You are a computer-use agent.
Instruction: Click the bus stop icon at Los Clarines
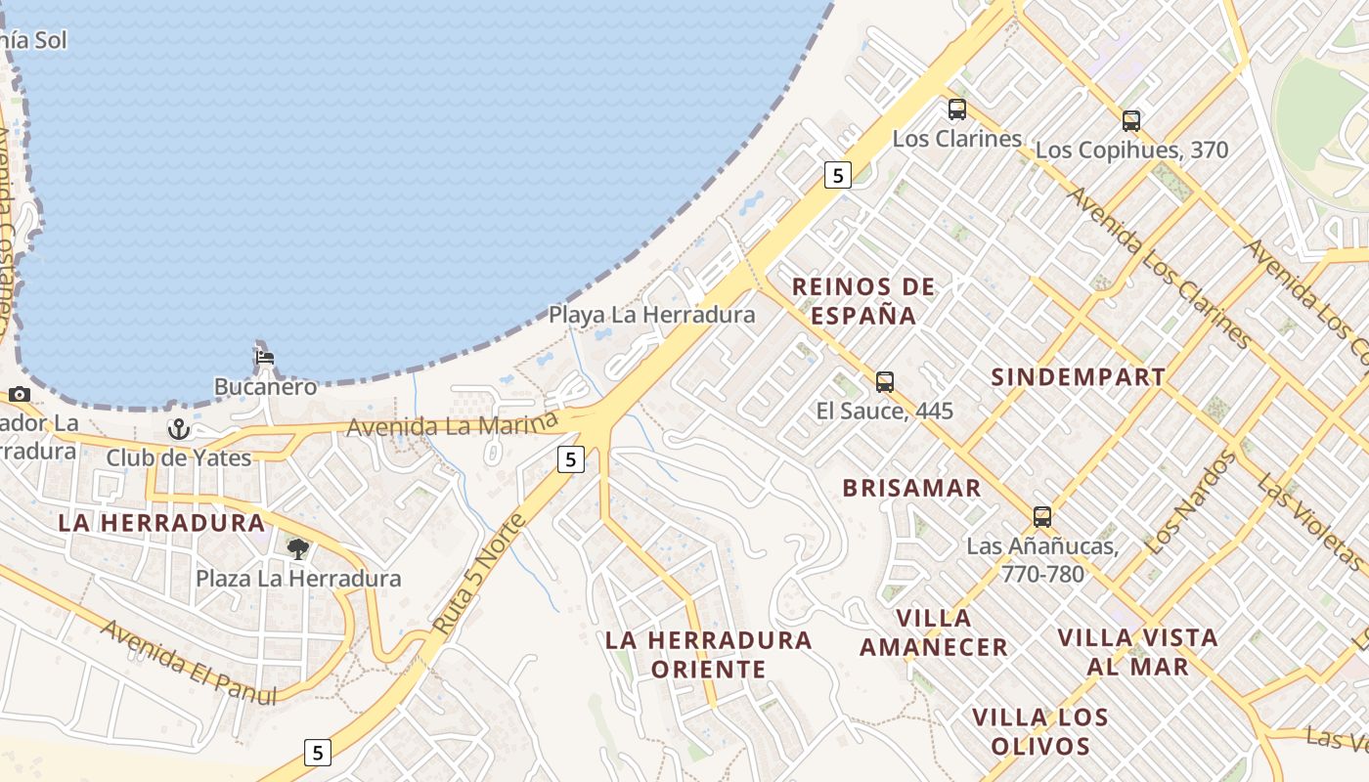pos(956,109)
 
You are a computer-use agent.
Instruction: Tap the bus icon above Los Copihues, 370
pos(1131,121)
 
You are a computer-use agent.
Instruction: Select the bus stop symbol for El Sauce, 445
pos(885,381)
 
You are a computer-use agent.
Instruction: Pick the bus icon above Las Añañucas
pos(1042,517)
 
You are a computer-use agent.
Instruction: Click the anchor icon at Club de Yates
pos(178,429)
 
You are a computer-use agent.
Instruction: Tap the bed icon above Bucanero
pos(265,358)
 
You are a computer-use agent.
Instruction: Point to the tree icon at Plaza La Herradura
pos(298,548)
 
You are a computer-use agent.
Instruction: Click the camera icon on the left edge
pos(19,395)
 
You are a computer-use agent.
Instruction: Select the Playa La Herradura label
pos(651,315)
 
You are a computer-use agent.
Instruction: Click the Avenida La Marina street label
pos(452,425)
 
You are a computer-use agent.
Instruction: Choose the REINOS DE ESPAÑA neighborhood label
pos(863,301)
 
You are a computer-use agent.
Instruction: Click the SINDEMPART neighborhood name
pos(1078,377)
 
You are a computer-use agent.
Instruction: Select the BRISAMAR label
pos(911,488)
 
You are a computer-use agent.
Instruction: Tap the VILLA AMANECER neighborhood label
pos(934,632)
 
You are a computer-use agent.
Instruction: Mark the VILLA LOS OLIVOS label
pos(1040,732)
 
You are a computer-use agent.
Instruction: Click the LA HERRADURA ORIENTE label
pos(709,654)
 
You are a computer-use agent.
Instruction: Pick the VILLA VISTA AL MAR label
pos(1138,652)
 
